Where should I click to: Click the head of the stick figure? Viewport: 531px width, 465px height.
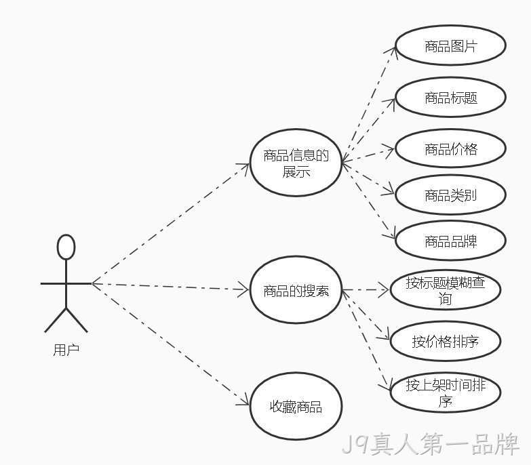pyautogui.click(x=66, y=247)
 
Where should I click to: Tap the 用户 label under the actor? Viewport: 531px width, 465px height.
pyautogui.click(x=66, y=350)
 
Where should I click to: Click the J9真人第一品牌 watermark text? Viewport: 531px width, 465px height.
pyautogui.click(x=431, y=444)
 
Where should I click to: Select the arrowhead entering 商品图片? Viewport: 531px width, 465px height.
pyautogui.click(x=391, y=51)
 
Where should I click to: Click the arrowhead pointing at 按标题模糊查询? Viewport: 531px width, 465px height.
pyautogui.click(x=384, y=290)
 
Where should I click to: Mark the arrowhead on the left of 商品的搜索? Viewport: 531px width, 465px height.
pyautogui.click(x=244, y=289)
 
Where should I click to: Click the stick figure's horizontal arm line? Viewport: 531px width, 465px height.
pyautogui.click(x=66, y=283)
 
